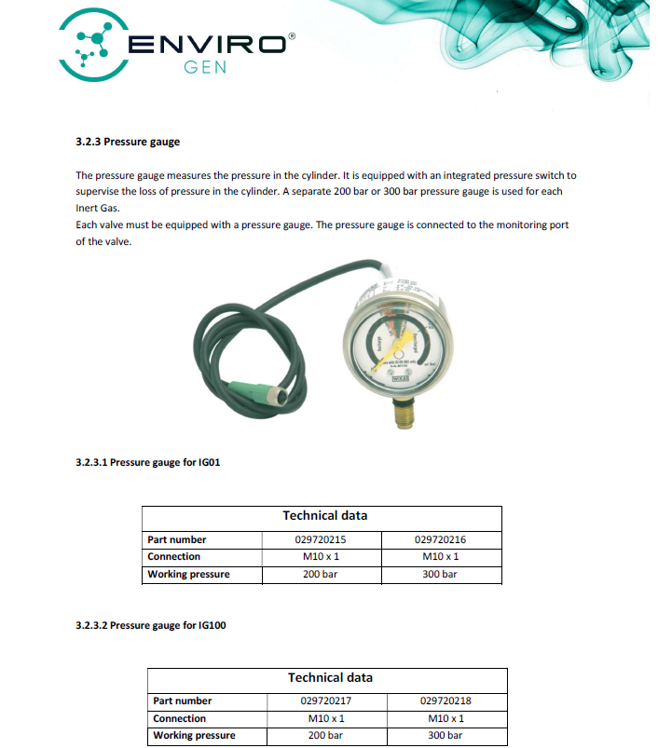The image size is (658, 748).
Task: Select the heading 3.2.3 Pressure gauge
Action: pos(128,142)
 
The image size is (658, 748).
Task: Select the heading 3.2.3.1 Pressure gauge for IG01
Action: pos(147,462)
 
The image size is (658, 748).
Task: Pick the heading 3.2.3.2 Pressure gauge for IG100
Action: pos(150,625)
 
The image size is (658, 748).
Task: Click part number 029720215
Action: pos(322,539)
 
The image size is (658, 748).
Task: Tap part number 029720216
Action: pos(441,539)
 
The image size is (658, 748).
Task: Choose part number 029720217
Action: pos(326,700)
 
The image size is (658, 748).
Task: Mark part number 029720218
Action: pos(446,700)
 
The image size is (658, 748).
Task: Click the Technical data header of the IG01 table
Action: pos(324,515)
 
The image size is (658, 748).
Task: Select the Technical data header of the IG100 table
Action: pos(330,677)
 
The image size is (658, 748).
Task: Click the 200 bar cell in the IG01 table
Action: pos(322,574)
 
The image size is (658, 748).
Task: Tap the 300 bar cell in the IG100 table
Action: pos(446,735)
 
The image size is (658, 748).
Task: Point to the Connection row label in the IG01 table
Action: pos(174,556)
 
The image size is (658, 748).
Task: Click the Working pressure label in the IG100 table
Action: pos(194,735)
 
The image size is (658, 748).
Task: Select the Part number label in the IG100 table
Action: pos(183,700)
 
